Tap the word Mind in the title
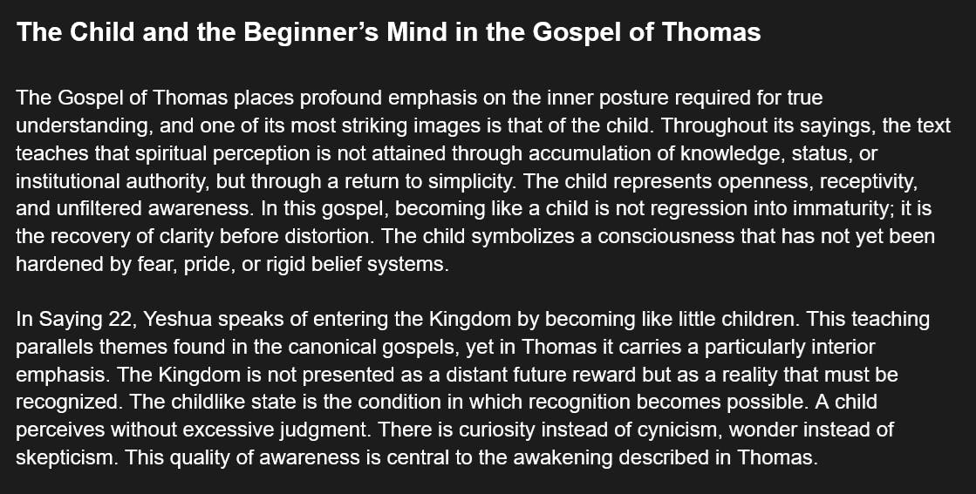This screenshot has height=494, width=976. coord(412,31)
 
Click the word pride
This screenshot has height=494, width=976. coord(204,265)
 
